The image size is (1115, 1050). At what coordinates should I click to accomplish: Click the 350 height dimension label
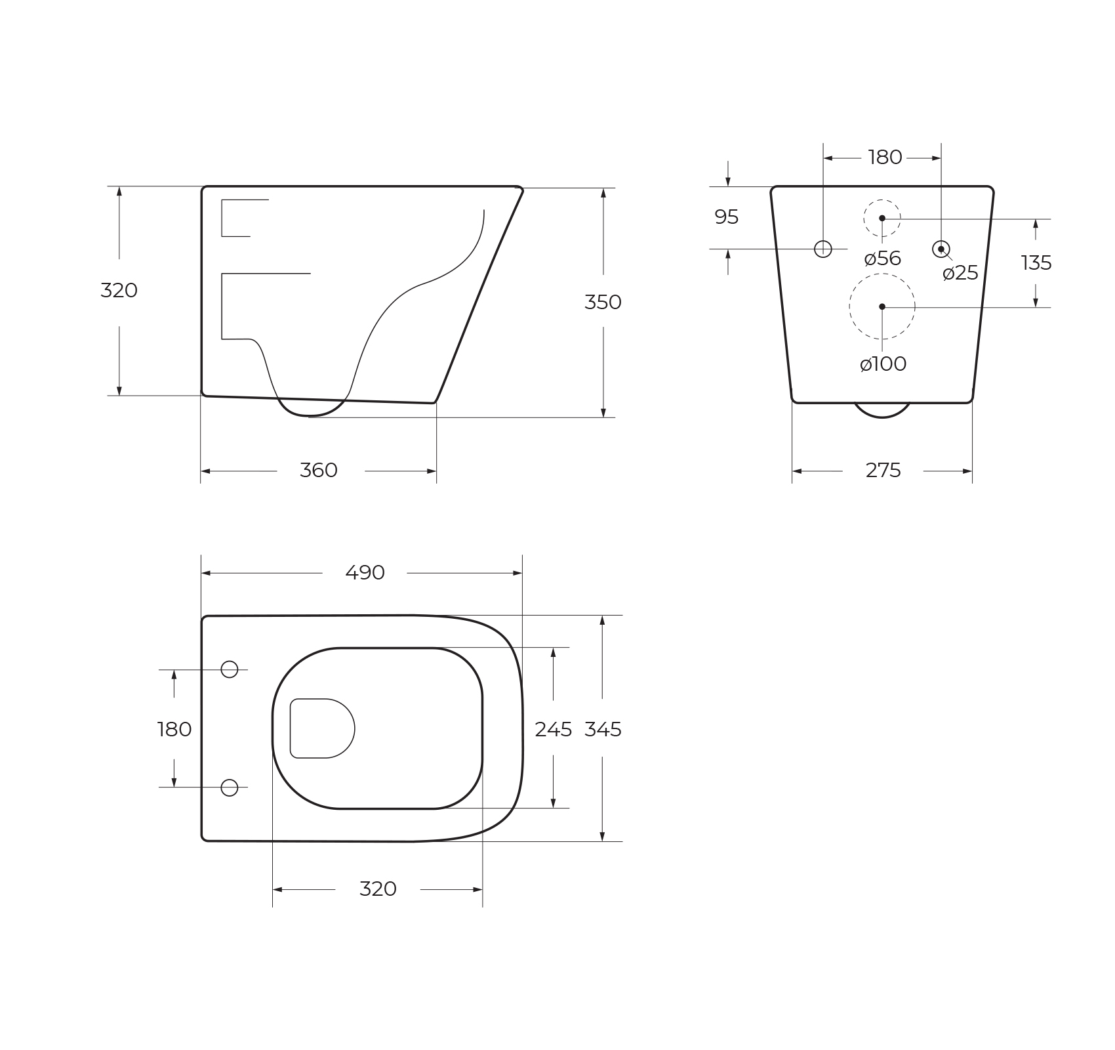click(603, 302)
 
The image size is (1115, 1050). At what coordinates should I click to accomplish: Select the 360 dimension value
click(319, 471)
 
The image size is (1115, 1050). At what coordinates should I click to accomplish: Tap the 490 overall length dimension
click(365, 573)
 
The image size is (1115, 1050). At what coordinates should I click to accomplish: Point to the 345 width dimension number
click(603, 729)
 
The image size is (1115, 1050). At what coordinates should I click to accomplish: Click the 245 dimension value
click(553, 729)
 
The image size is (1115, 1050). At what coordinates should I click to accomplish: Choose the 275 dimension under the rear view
click(883, 471)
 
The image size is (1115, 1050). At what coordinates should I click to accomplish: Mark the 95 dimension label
click(726, 217)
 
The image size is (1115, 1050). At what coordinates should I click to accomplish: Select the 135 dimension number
click(1036, 263)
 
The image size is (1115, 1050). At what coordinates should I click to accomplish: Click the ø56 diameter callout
click(883, 259)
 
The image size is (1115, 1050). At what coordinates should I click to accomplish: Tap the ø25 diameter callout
click(960, 273)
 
